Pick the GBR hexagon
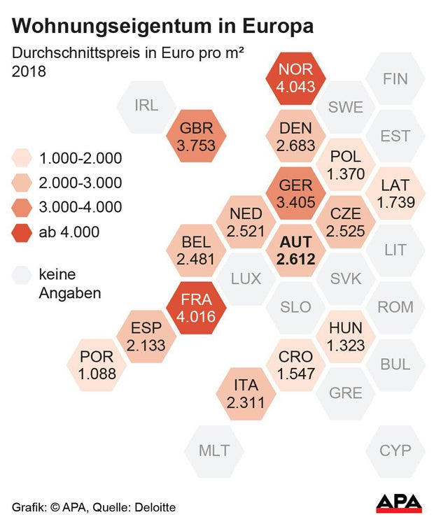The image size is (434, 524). coord(197,136)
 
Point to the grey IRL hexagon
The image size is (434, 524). coord(147,106)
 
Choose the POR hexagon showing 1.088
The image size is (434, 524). coord(97,364)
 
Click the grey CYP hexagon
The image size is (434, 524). coord(395,451)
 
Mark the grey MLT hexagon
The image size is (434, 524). coord(214,451)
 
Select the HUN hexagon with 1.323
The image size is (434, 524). coord(346,336)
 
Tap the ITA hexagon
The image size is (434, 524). coord(246,393)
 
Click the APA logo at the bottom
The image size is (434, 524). coord(399,503)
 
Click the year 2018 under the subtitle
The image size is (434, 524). coord(29,71)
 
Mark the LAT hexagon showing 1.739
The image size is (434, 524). coord(395,193)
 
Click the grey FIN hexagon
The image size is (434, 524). coord(395,78)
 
